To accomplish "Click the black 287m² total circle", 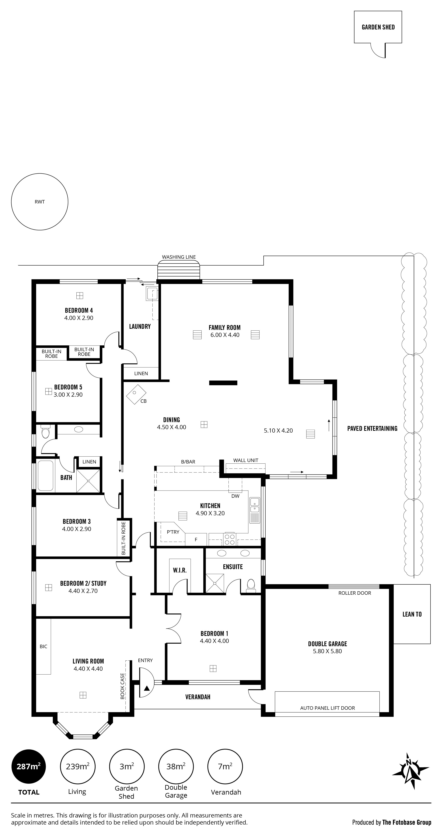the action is (29, 766).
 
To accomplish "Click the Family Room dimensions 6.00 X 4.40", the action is (225, 335).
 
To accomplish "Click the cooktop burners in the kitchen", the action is (230, 539).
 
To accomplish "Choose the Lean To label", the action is (412, 614).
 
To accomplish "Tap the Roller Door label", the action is (355, 593).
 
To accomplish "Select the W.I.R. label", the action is (180, 570).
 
